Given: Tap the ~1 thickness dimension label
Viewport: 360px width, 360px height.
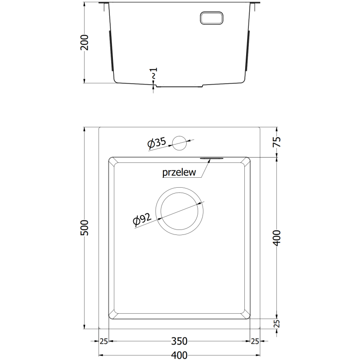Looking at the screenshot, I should pyautogui.click(x=154, y=74).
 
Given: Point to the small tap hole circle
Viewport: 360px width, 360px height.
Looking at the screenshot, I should pyautogui.click(x=180, y=142).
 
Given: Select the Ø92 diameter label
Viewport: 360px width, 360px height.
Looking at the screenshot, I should pyautogui.click(x=141, y=220).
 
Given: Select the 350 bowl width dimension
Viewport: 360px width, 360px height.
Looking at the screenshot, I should pyautogui.click(x=180, y=342).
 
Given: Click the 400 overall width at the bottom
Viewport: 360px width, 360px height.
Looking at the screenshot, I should pyautogui.click(x=180, y=355).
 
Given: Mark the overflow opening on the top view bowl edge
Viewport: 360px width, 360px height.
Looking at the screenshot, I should pyautogui.click(x=210, y=158).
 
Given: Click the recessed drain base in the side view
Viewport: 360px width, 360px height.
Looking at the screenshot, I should pyautogui.click(x=180, y=86).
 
